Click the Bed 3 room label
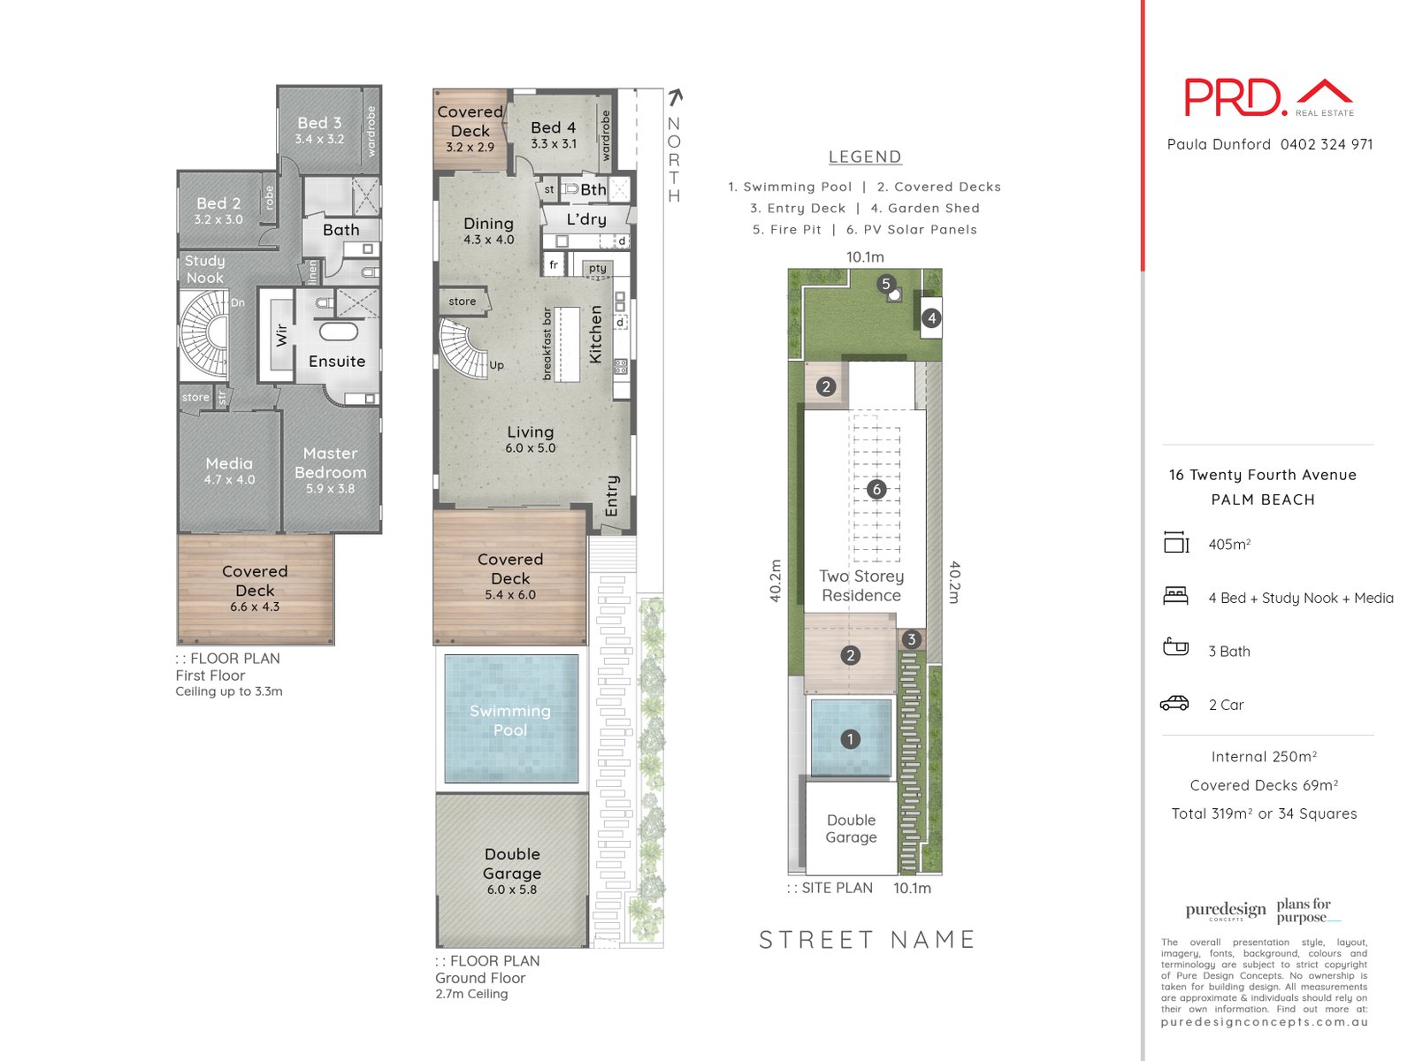point(319,124)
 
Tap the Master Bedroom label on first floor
point(330,463)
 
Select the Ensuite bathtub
point(338,332)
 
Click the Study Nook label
point(205,269)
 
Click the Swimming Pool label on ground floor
point(510,721)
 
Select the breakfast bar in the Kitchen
point(567,344)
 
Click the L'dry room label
point(586,219)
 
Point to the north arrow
point(676,97)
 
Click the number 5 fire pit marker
point(886,285)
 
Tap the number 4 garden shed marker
point(931,318)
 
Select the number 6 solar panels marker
point(876,489)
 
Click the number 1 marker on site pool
point(851,739)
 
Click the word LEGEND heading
point(865,156)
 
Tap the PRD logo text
point(1235,97)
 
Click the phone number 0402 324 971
point(1327,144)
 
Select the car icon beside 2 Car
point(1175,704)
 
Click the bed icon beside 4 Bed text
point(1175,596)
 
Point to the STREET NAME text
point(867,939)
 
